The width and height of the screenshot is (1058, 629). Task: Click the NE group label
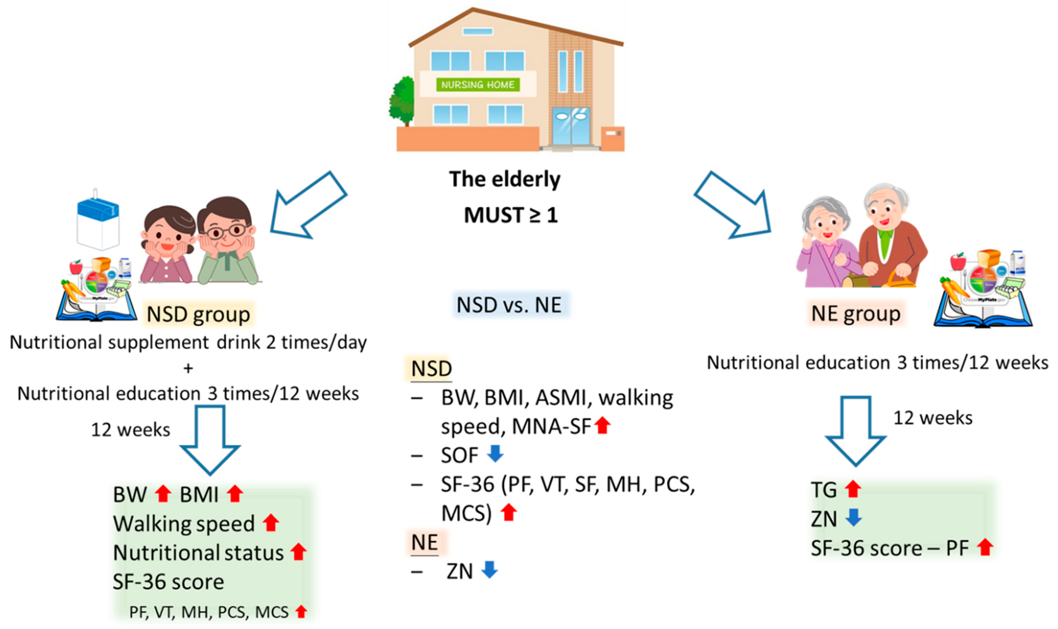tap(855, 314)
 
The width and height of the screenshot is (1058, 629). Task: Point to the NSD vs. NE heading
tap(509, 305)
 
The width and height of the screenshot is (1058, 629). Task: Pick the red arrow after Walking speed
tap(271, 523)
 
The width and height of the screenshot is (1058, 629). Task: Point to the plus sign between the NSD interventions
tap(188, 368)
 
